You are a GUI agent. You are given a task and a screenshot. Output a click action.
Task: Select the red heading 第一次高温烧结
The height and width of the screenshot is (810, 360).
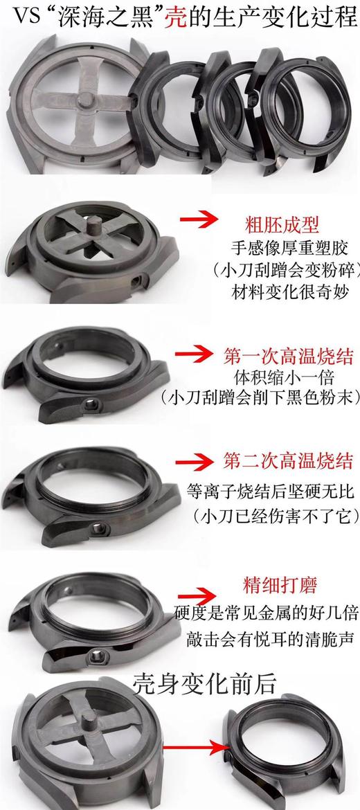289,357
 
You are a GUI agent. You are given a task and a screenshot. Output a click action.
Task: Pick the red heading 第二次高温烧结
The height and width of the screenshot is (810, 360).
289,462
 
